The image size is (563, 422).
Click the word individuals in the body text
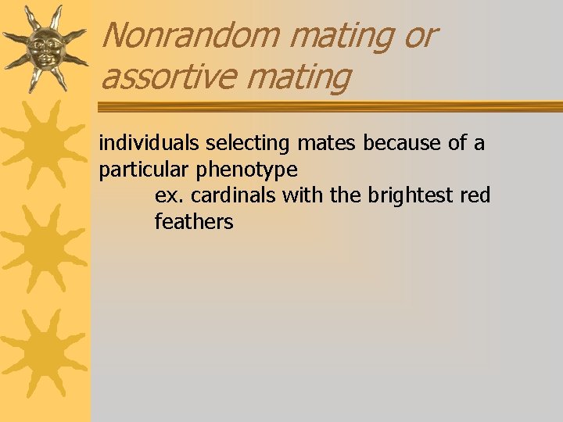149,144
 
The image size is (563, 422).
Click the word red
475,195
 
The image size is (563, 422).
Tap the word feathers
194,222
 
